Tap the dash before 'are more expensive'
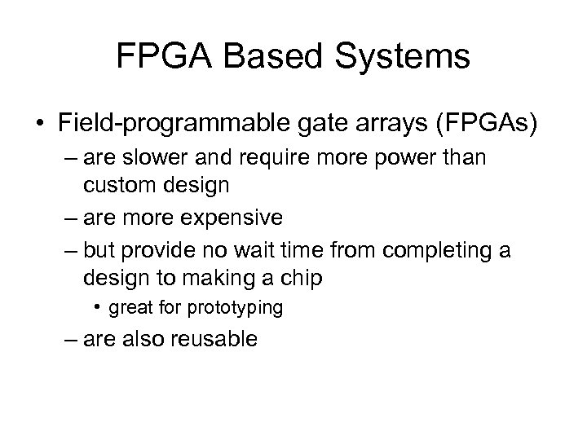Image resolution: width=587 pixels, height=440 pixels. pos(68,218)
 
